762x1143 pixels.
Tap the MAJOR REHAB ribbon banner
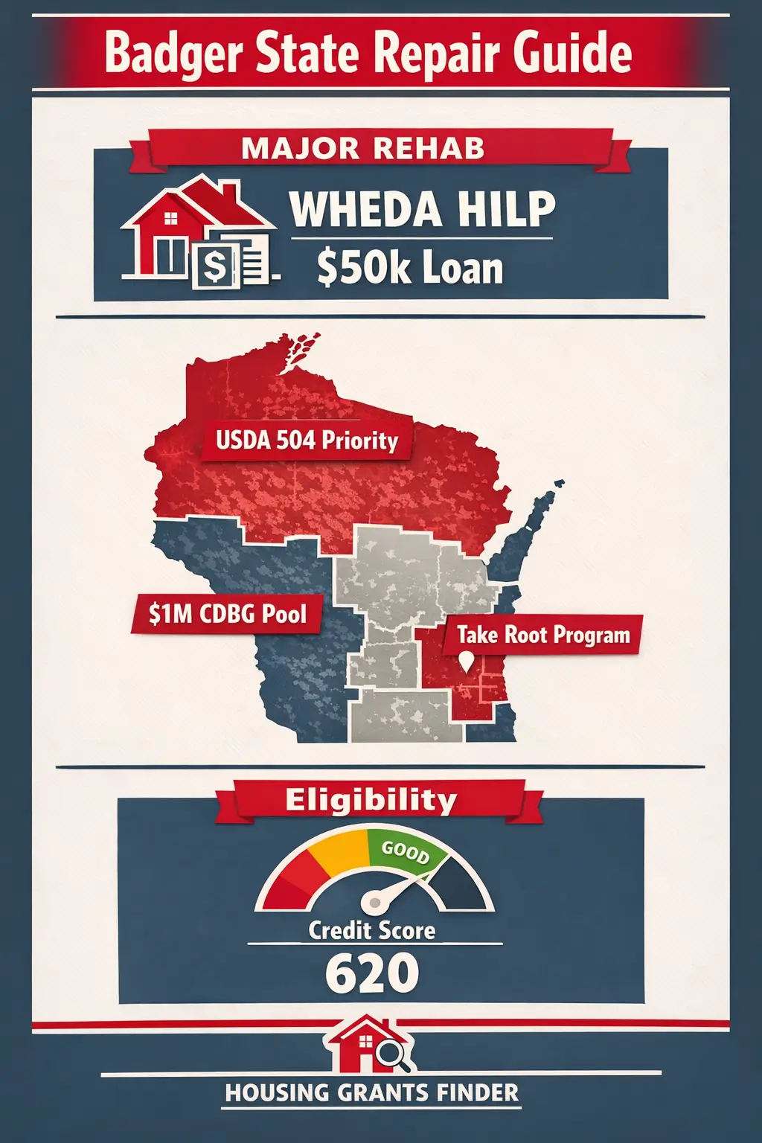point(363,148)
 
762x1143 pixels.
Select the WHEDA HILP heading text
point(422,209)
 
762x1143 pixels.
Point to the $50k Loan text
point(410,268)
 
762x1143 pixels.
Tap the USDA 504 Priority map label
point(307,441)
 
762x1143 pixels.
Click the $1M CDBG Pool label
point(227,614)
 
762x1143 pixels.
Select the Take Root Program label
point(543,635)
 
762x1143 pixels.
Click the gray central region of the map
point(402,595)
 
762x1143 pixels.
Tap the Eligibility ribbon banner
point(371,800)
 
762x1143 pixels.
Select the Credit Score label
point(372,930)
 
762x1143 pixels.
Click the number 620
point(372,973)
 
